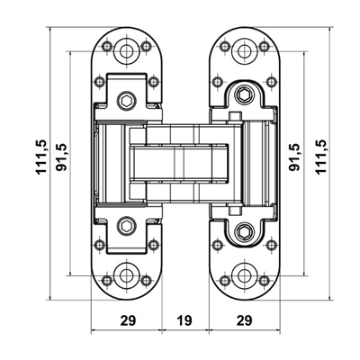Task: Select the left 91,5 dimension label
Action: click(x=61, y=158)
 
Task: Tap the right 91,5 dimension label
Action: click(x=293, y=157)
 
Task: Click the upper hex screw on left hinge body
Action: click(x=129, y=99)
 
